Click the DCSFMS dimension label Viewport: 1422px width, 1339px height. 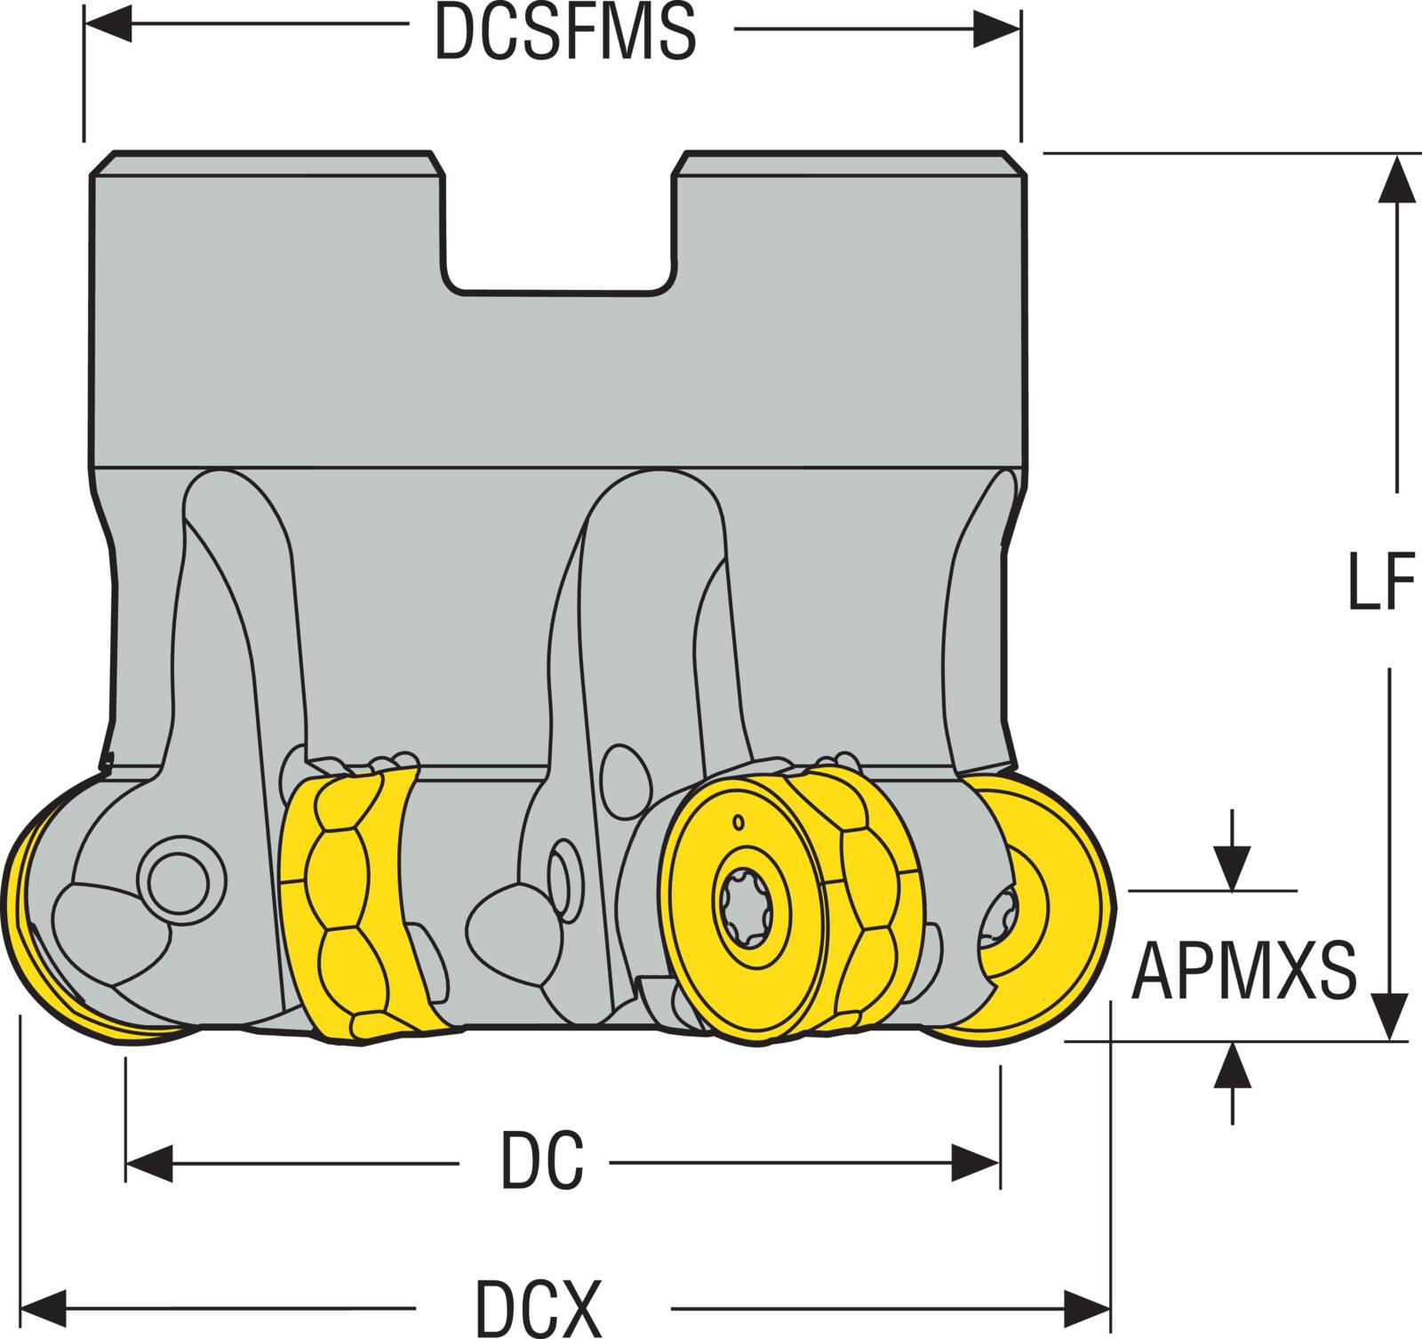564,34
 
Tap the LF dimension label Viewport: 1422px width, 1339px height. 1380,582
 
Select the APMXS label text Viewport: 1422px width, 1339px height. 1243,970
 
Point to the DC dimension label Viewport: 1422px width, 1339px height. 542,1161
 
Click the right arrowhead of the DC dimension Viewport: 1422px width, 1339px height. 977,1162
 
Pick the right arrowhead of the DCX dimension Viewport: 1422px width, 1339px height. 1088,1308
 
